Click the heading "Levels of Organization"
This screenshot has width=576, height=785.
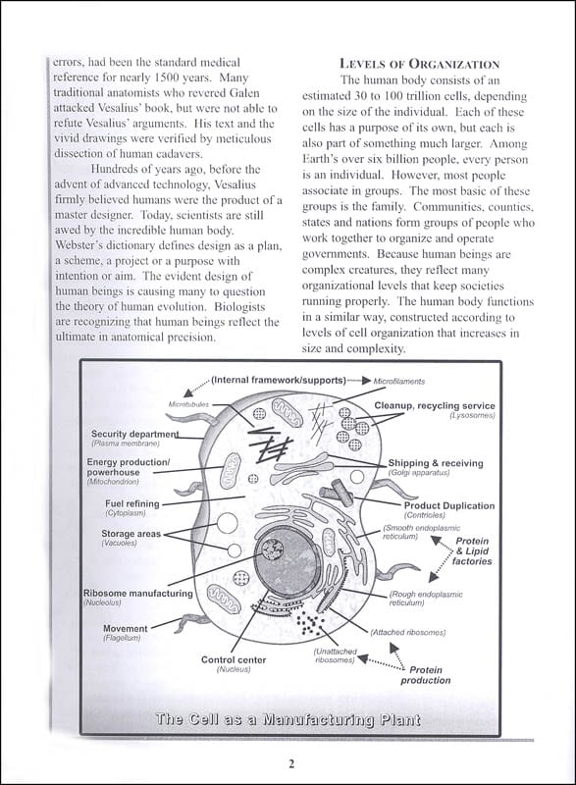[x=419, y=64]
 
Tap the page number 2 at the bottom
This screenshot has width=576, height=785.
[x=291, y=763]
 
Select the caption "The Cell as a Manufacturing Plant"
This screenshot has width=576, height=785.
[x=288, y=720]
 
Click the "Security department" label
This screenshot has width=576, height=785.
[x=134, y=434]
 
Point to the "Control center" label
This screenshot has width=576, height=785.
[x=234, y=659]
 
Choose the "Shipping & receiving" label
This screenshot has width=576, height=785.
[x=436, y=463]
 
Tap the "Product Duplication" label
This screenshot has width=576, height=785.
[x=449, y=505]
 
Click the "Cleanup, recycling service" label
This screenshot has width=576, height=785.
[x=435, y=406]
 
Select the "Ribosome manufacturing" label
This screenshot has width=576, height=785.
[x=138, y=594]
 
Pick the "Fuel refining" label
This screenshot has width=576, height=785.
[x=132, y=503]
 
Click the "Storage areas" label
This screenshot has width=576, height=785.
[x=131, y=534]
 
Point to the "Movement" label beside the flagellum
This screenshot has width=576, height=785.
[x=125, y=628]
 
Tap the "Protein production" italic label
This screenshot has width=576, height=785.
[x=425, y=675]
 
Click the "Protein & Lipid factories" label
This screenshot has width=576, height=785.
[x=472, y=551]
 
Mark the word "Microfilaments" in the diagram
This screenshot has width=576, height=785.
[x=398, y=382]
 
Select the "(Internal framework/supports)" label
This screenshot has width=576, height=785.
[x=279, y=380]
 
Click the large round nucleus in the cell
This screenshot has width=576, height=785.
[x=284, y=559]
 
